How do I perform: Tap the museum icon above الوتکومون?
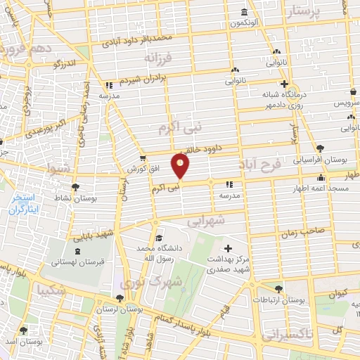pos(244,13)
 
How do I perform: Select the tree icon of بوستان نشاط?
pos(75,188)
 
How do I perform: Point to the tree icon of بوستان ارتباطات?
pos(280,288)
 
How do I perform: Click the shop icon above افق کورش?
pos(143,157)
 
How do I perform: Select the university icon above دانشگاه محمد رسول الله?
pos(159,238)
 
